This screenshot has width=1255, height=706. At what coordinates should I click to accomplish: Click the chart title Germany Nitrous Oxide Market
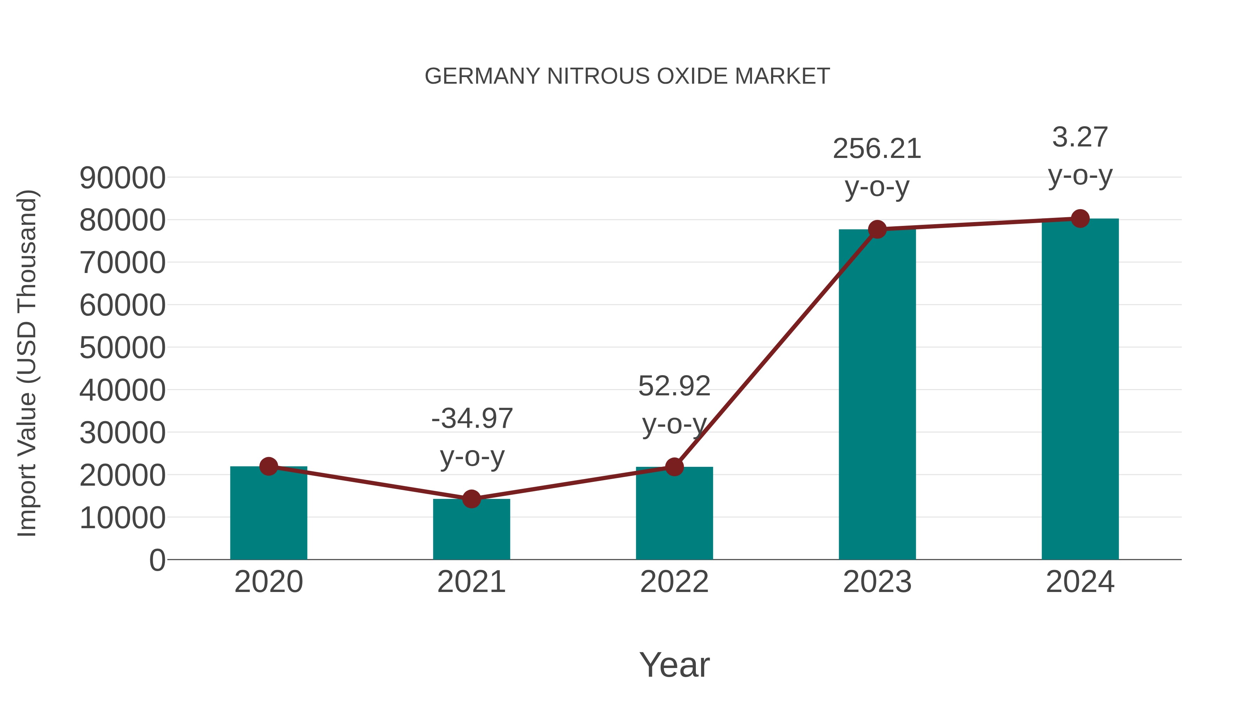click(x=627, y=76)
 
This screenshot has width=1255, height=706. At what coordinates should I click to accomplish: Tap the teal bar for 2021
click(x=471, y=531)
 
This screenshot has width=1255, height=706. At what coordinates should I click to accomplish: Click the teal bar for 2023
click(x=877, y=395)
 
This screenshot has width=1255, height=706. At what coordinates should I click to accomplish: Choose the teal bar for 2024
click(x=1080, y=390)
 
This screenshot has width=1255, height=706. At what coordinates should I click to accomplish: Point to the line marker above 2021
click(x=471, y=499)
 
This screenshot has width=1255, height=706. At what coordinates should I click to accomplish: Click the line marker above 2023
click(x=877, y=229)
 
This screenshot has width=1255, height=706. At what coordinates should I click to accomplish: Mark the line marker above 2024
click(x=1080, y=219)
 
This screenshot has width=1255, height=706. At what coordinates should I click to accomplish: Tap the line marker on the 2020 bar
click(x=268, y=466)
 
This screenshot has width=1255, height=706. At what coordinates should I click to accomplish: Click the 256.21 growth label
click(x=877, y=149)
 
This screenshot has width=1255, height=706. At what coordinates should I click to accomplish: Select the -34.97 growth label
click(x=472, y=418)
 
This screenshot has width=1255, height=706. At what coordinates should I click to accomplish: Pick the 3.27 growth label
click(x=1080, y=137)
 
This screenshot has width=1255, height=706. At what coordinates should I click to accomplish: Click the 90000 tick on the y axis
click(x=122, y=178)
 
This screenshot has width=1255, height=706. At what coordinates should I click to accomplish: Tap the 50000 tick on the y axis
click(x=122, y=348)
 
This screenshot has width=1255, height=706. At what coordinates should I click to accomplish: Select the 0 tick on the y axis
click(x=157, y=560)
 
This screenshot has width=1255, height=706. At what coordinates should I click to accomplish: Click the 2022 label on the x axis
click(x=674, y=582)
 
